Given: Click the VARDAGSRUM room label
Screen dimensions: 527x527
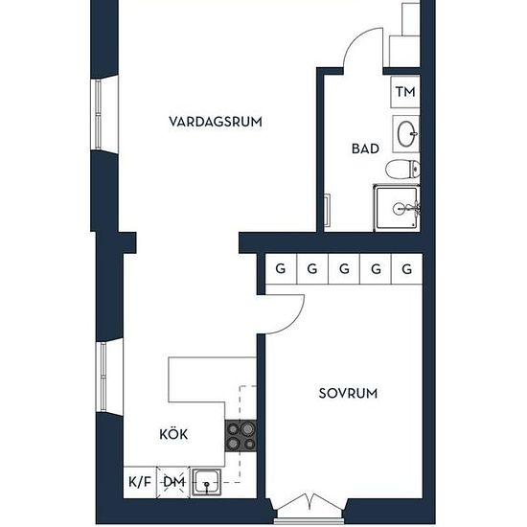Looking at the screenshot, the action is pos(216,122).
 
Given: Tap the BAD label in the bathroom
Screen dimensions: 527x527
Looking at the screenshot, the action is pos(365,149).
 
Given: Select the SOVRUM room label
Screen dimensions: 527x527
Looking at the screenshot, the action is pos(348,393).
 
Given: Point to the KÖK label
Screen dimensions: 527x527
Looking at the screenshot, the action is pos(173,433).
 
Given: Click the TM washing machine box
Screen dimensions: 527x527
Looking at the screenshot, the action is pos(405,92).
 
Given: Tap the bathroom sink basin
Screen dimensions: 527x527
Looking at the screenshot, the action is pos(406,134).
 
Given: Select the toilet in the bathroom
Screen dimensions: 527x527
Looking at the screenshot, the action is pos(402,169).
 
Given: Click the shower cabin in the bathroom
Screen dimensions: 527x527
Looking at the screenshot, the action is pos(397,208).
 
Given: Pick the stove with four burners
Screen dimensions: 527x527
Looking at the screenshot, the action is pos(241,436).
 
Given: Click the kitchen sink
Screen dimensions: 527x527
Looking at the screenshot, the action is pos(206,482).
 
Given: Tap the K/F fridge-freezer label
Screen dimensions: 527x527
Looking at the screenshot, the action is pos(140,482).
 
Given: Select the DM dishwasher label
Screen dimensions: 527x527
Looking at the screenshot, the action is pos(174,482).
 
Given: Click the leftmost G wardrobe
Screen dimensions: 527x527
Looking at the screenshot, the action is pos(281,269).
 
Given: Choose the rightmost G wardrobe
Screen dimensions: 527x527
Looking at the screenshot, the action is pos(407,269).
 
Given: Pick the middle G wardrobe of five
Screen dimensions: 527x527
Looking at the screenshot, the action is pos(344,269).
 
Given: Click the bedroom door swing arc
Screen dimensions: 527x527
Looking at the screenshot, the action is pos(294,322).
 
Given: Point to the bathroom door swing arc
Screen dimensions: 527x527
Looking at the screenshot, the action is pos(354,39).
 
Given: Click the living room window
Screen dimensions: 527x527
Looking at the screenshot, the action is pos(98,115).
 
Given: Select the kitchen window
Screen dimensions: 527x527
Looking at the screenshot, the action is pos(103,377).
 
